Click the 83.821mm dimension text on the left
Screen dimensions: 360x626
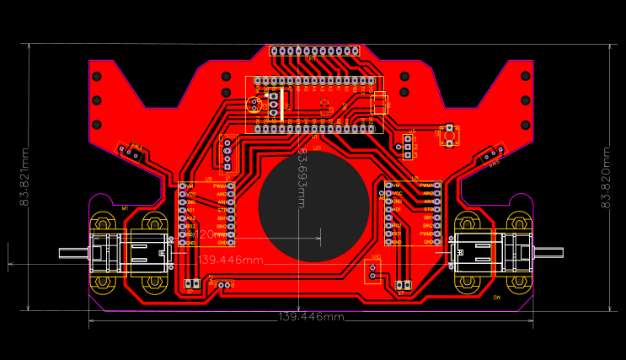tap(25, 178)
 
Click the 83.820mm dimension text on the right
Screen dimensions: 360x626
tap(604, 178)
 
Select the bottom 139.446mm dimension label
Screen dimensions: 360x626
tap(311, 317)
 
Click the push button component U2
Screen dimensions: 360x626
tap(450, 135)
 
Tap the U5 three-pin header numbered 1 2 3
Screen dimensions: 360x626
tap(408, 148)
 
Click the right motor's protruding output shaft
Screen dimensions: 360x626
tap(550, 250)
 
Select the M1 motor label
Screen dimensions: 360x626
tap(125, 208)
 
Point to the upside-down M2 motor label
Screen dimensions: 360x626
tap(496, 298)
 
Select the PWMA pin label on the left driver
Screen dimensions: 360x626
tap(221, 185)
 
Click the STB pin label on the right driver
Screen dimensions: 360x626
tap(430, 209)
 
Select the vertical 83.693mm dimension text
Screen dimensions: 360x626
tap(302, 178)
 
